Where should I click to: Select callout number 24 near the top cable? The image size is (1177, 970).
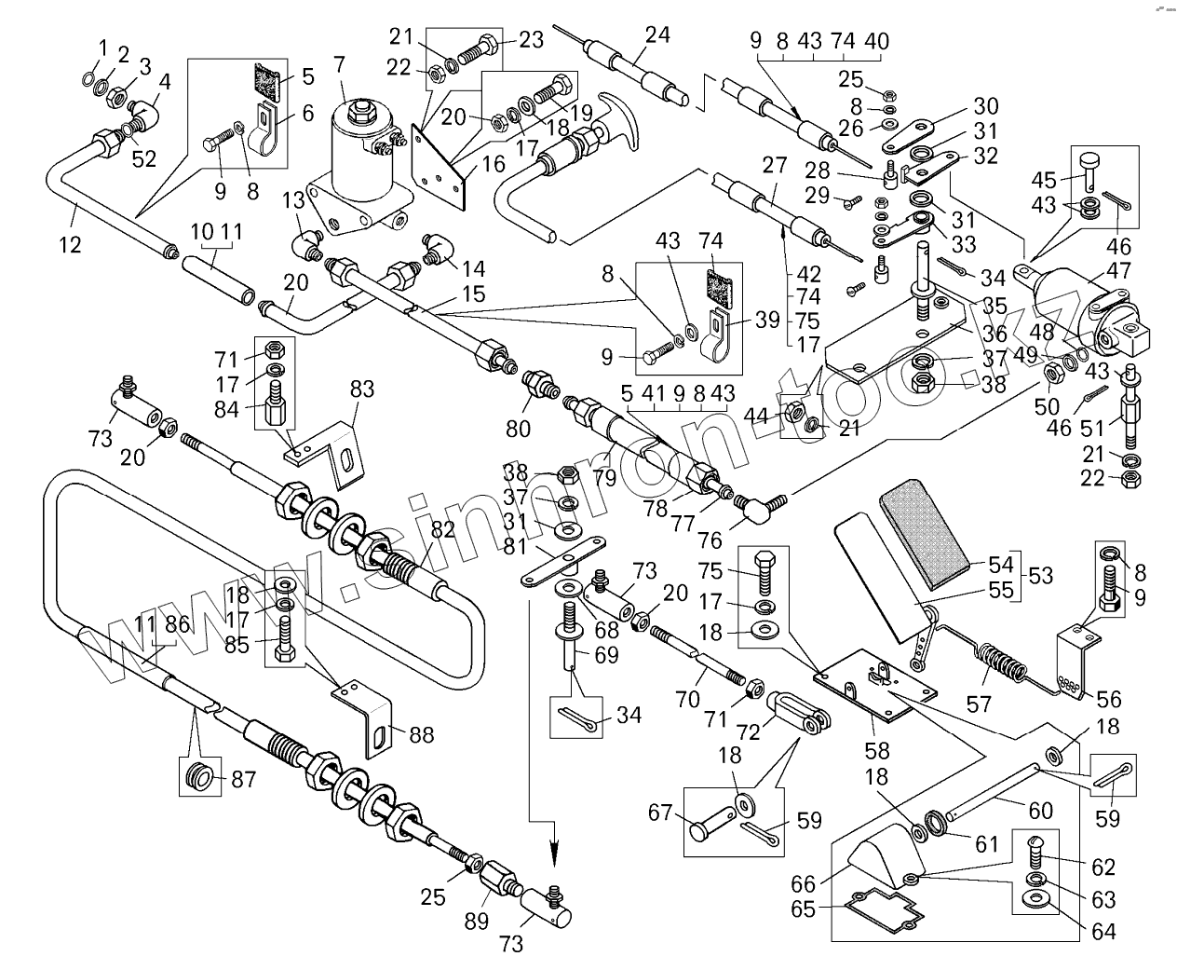[657, 36]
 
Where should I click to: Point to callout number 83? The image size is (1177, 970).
[362, 389]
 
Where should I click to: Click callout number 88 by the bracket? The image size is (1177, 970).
[422, 735]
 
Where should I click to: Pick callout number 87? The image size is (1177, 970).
[243, 780]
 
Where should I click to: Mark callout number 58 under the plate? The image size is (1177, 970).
[877, 750]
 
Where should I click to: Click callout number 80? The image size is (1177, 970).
[518, 430]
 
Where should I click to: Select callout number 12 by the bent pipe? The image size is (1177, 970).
[69, 245]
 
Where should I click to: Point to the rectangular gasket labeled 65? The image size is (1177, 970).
[880, 908]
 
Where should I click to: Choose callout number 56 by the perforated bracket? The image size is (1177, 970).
[1108, 700]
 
